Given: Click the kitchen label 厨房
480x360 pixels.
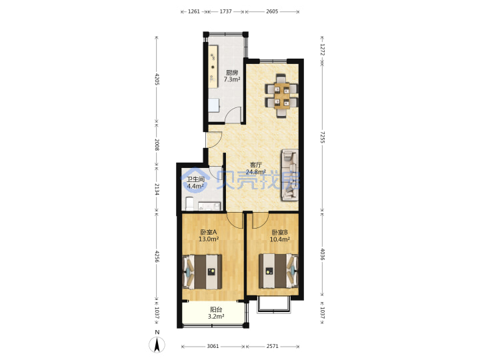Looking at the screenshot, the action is (x=232, y=73).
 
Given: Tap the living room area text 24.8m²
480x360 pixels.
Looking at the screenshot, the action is (x=255, y=172).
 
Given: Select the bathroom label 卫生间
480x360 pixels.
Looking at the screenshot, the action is (x=195, y=179).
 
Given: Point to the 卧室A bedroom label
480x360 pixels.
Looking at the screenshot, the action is (x=209, y=233).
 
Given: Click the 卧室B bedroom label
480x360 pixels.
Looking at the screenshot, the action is (x=279, y=233).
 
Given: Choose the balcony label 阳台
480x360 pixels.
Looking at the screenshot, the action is (x=216, y=310).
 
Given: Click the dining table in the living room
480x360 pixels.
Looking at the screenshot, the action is (x=281, y=95).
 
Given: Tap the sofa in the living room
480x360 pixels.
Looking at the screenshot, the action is (x=289, y=175).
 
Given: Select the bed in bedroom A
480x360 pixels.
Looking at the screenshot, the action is (x=202, y=272).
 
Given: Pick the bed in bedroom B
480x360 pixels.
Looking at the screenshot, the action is (x=279, y=271).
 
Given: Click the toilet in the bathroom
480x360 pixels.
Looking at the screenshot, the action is (x=189, y=204).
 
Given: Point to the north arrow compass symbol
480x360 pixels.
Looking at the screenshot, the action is (x=157, y=345).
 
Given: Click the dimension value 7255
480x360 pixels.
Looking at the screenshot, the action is (x=322, y=137).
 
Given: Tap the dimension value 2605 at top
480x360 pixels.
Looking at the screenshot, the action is (x=272, y=11).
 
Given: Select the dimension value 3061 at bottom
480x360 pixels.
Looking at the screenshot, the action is (x=213, y=346).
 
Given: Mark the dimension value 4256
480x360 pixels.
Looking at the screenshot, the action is (x=157, y=257).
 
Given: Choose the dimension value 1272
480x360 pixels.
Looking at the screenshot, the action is (x=322, y=49).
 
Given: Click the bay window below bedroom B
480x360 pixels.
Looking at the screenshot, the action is (x=273, y=305).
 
